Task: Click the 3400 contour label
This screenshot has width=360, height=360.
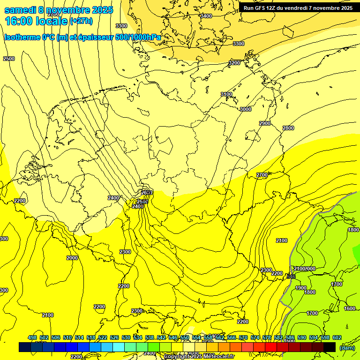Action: [206, 16]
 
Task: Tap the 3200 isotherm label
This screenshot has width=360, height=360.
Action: [234, 63]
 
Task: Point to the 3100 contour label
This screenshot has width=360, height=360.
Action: [226, 95]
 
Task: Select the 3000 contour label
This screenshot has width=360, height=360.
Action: [245, 109]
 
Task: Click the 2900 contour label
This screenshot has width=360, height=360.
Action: [265, 123]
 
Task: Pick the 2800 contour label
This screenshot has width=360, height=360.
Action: [288, 128]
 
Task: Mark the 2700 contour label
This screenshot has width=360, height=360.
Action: [262, 175]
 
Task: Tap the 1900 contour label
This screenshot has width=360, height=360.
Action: [301, 288]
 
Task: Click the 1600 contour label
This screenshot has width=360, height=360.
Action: [349, 308]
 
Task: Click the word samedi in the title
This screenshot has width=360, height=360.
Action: [20, 10]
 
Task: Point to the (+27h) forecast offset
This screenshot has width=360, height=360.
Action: [82, 21]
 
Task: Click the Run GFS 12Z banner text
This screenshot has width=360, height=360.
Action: [262, 8]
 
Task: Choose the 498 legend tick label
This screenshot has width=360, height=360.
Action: [32, 337]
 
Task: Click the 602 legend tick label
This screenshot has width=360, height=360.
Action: [337, 337]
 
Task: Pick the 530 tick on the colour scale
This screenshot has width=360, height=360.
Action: [126, 337]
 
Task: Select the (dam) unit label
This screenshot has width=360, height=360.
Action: [347, 347]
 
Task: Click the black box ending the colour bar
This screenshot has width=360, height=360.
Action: [330, 347]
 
